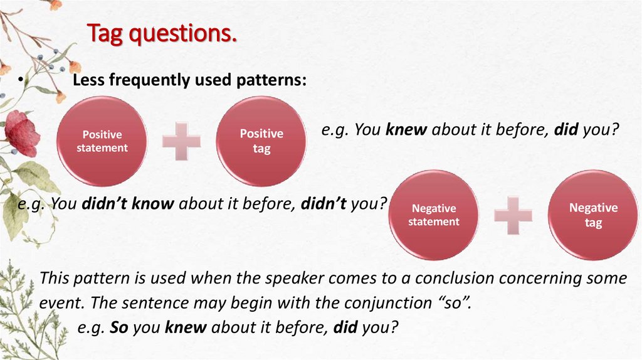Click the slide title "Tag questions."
(162, 34)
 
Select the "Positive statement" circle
(102, 141)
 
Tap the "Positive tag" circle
(261, 141)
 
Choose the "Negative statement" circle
(434, 215)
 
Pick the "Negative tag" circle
(593, 215)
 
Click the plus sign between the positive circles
(181, 140)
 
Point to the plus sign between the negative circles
(513, 215)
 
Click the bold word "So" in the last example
(117, 327)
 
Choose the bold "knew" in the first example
(406, 130)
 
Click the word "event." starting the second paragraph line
(62, 303)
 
